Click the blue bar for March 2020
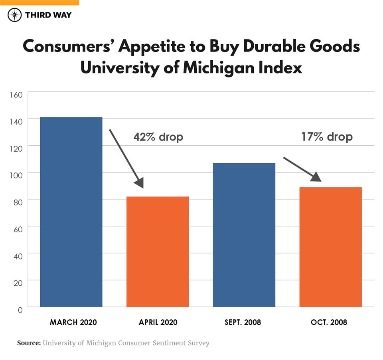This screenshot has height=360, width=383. tap(71, 212)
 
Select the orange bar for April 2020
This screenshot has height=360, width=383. tap(158, 251)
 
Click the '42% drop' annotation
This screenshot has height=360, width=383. tap(158, 137)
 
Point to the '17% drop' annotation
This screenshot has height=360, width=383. tap(327, 137)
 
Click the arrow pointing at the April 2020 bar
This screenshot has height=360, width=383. tap(126, 158)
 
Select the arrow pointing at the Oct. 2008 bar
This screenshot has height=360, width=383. tap(302, 170)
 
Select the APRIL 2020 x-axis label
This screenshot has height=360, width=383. tap(158, 322)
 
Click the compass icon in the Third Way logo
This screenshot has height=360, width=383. tap(15, 15)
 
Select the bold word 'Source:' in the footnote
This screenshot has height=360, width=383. tap(29, 343)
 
